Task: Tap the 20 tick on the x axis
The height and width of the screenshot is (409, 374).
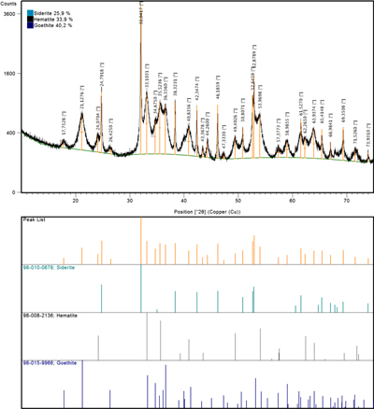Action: tap(76, 198)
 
